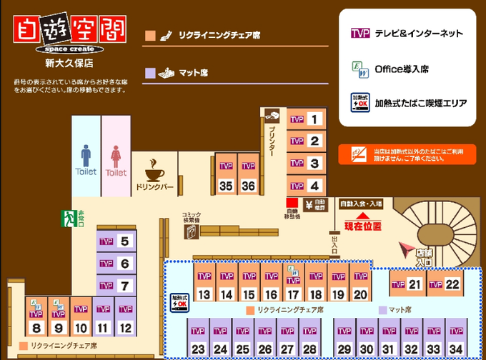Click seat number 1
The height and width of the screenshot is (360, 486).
(x=306, y=119)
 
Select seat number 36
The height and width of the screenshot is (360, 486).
(x=248, y=177)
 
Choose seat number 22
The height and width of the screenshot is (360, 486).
(x=444, y=284)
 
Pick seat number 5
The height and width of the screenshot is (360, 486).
(x=116, y=241)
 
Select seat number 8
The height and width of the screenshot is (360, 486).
(x=36, y=319)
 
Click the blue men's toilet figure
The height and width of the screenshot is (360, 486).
(x=86, y=155)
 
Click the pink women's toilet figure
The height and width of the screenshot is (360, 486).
(x=116, y=155)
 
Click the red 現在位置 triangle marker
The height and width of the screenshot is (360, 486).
(x=362, y=214)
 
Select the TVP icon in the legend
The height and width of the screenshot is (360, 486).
(x=359, y=34)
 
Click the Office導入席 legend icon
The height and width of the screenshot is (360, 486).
(x=359, y=69)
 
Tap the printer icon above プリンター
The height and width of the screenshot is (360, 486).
(x=272, y=115)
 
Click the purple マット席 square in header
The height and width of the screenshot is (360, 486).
(x=149, y=72)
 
